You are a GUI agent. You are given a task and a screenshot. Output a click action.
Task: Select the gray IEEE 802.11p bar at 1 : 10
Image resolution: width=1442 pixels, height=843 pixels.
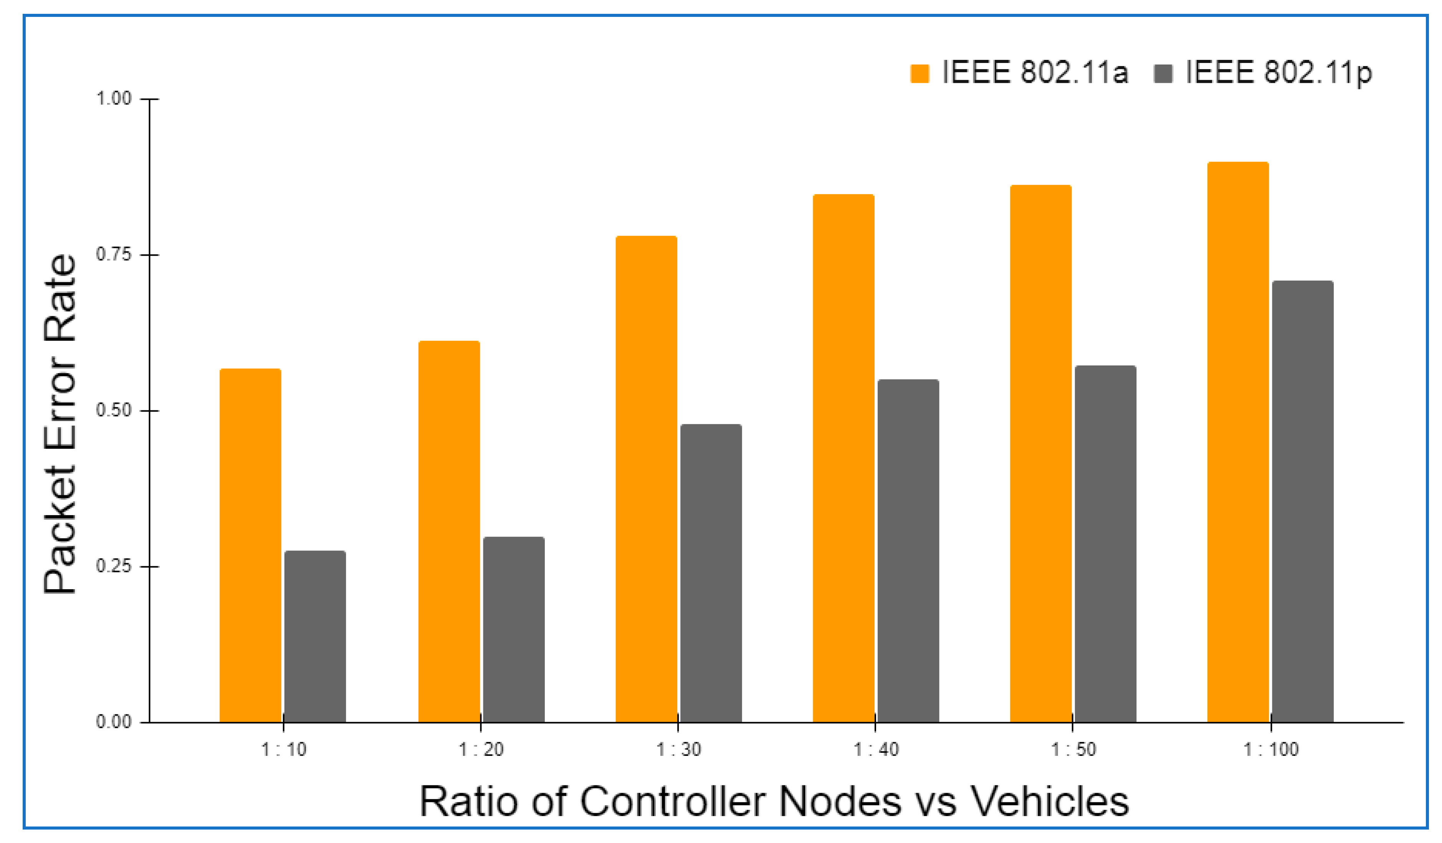click(x=315, y=636)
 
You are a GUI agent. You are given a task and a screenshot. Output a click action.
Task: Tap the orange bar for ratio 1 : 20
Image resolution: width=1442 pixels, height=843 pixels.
click(x=449, y=532)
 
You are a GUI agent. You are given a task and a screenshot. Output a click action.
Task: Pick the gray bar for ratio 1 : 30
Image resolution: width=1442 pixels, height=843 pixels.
click(x=711, y=574)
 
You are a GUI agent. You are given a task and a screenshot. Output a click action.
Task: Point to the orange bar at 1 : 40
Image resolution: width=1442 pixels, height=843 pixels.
click(x=843, y=458)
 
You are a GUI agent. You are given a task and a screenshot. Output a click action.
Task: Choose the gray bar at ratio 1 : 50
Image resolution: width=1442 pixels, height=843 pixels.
click(x=1105, y=544)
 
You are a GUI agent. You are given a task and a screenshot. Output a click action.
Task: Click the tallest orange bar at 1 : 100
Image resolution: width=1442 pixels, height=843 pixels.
click(x=1238, y=442)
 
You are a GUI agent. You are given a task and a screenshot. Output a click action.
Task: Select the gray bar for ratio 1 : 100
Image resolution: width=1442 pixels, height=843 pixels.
click(x=1302, y=501)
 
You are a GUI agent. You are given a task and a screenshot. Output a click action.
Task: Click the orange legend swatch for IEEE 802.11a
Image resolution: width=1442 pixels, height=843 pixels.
click(x=919, y=74)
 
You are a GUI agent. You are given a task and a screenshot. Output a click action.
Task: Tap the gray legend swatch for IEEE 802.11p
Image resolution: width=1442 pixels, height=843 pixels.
click(x=1163, y=74)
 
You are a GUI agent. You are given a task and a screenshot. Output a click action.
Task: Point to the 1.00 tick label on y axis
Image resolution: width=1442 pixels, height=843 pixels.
click(x=114, y=98)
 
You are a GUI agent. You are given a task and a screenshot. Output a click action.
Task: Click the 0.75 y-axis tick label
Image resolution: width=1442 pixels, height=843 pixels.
click(x=114, y=254)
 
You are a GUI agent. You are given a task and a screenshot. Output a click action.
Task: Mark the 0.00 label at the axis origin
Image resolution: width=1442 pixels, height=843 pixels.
click(x=114, y=722)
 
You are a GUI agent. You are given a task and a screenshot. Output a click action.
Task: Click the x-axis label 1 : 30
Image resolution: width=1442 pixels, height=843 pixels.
click(x=678, y=750)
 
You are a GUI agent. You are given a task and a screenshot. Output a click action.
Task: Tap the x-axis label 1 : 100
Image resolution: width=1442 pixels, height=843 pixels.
click(x=1271, y=750)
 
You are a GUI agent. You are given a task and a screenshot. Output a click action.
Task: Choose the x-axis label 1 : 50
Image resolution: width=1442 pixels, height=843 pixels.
click(x=1073, y=750)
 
